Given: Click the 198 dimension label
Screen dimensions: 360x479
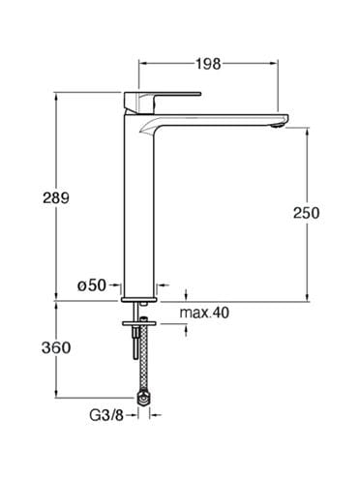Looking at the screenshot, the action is click(208, 64).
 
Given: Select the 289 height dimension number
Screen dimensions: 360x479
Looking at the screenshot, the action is click(56, 197).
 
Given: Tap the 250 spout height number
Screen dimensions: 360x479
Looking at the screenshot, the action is click(306, 213).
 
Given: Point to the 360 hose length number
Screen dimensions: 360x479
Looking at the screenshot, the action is click(56, 348).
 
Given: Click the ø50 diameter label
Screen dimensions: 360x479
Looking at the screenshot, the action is click(92, 285).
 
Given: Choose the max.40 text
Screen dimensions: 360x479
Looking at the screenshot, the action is click(204, 313).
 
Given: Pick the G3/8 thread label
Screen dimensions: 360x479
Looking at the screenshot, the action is click(106, 416).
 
